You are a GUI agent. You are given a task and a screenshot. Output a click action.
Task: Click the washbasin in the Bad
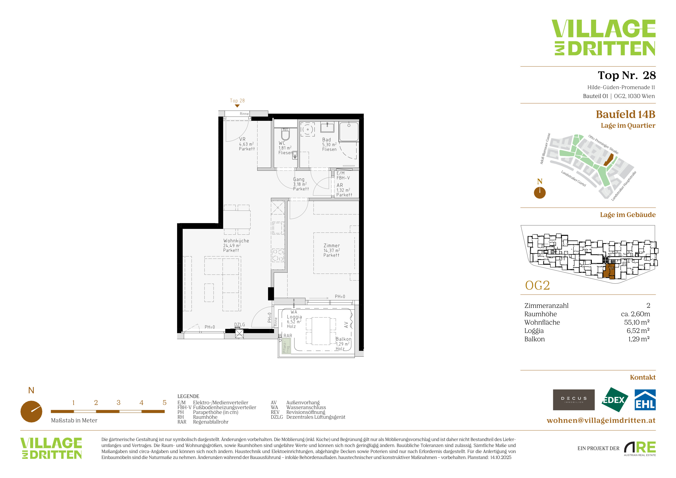pyautogui.click(x=327, y=128)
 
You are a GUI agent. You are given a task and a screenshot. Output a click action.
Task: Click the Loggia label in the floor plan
pyautogui.click(x=294, y=317)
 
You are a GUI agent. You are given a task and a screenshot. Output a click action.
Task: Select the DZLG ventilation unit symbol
pyautogui.click(x=239, y=334)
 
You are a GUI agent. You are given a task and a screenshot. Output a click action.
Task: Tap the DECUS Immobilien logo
pyautogui.click(x=574, y=400)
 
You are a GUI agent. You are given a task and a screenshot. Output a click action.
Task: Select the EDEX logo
pyautogui.click(x=614, y=400)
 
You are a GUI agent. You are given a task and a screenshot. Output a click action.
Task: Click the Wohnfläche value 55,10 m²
pyautogui.click(x=637, y=322)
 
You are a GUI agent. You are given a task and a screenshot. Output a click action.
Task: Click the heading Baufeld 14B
pyautogui.click(x=626, y=114)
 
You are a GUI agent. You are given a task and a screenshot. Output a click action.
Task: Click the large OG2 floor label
pyautogui.click(x=537, y=285)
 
